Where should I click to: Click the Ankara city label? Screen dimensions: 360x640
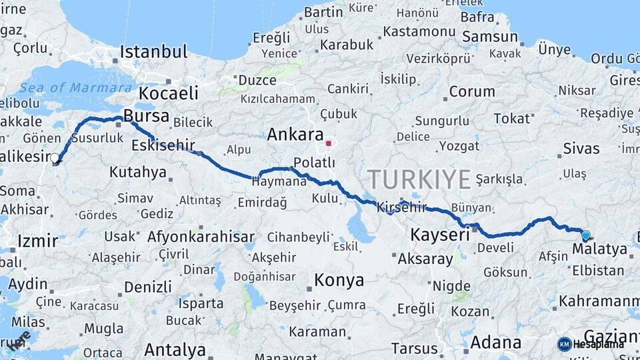click(x=295, y=134)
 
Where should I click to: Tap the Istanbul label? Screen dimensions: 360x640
click(x=154, y=52)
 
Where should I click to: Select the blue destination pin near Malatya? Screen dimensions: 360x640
click(x=586, y=235)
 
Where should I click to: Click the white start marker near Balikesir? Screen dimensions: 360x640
click(x=55, y=159)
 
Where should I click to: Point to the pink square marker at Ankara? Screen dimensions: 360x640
click(x=328, y=143)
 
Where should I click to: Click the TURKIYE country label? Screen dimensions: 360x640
click(x=419, y=179)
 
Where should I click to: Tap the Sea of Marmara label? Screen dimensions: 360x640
click(x=75, y=88)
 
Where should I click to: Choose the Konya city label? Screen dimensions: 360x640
click(x=339, y=280)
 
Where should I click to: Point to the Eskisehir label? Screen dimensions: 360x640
click(x=163, y=145)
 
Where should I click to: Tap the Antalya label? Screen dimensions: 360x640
click(x=175, y=349)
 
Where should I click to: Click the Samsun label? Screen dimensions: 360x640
click(x=490, y=37)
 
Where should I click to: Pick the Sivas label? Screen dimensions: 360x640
click(x=581, y=148)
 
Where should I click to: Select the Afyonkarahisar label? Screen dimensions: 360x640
click(x=201, y=236)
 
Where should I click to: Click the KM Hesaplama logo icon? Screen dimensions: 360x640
click(x=565, y=344)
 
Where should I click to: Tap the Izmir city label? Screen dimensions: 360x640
click(x=38, y=241)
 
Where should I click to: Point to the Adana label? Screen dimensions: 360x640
click(x=496, y=343)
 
